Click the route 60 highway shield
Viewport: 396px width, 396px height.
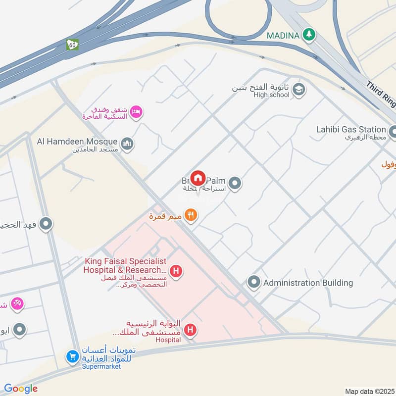[73, 44]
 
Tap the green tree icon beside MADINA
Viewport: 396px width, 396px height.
[310, 35]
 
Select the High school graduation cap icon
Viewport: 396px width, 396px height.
[298, 90]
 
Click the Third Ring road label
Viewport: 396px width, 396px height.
[382, 95]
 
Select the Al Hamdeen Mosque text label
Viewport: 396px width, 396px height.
[77, 142]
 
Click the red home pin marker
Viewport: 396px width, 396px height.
[198, 178]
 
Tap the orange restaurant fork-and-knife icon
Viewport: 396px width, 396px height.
[191, 215]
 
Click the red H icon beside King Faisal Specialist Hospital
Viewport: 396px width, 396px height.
[175, 271]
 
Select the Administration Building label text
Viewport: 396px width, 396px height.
[308, 283]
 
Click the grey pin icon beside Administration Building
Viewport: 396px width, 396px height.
[254, 283]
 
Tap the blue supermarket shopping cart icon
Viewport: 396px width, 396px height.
[73, 356]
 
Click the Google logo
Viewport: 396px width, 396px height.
[21, 389]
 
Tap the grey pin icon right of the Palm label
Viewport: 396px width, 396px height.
[236, 183]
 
